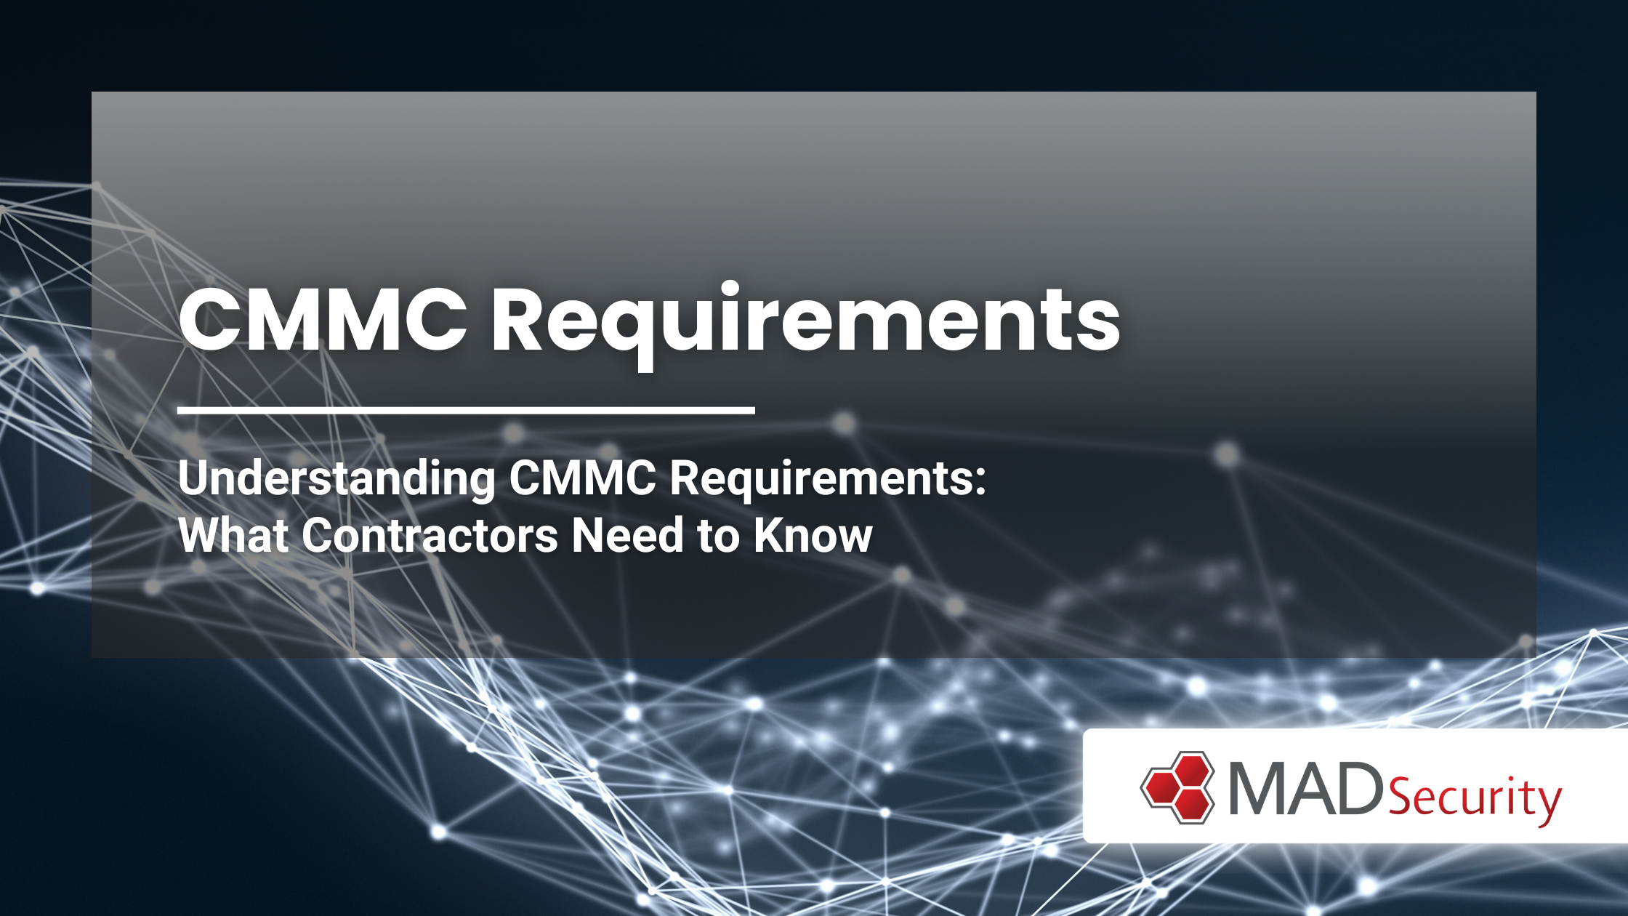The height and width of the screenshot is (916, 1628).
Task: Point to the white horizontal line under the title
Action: coord(466,410)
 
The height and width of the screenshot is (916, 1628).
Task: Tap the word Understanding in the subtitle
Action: coord(337,478)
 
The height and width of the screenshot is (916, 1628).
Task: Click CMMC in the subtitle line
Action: coord(582,478)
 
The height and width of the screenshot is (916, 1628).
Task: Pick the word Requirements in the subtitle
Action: coord(821,478)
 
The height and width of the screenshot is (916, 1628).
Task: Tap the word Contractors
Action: coord(430,536)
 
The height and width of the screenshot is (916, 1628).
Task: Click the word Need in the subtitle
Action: coord(628,536)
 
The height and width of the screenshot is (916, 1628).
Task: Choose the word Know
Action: coord(813,536)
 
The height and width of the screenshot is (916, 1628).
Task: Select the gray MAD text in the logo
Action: coord(1306,788)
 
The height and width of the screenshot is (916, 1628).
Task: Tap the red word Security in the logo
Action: coord(1475,798)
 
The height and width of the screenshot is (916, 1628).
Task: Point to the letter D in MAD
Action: coord(1358,788)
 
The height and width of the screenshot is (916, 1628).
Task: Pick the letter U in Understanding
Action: coord(194,478)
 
